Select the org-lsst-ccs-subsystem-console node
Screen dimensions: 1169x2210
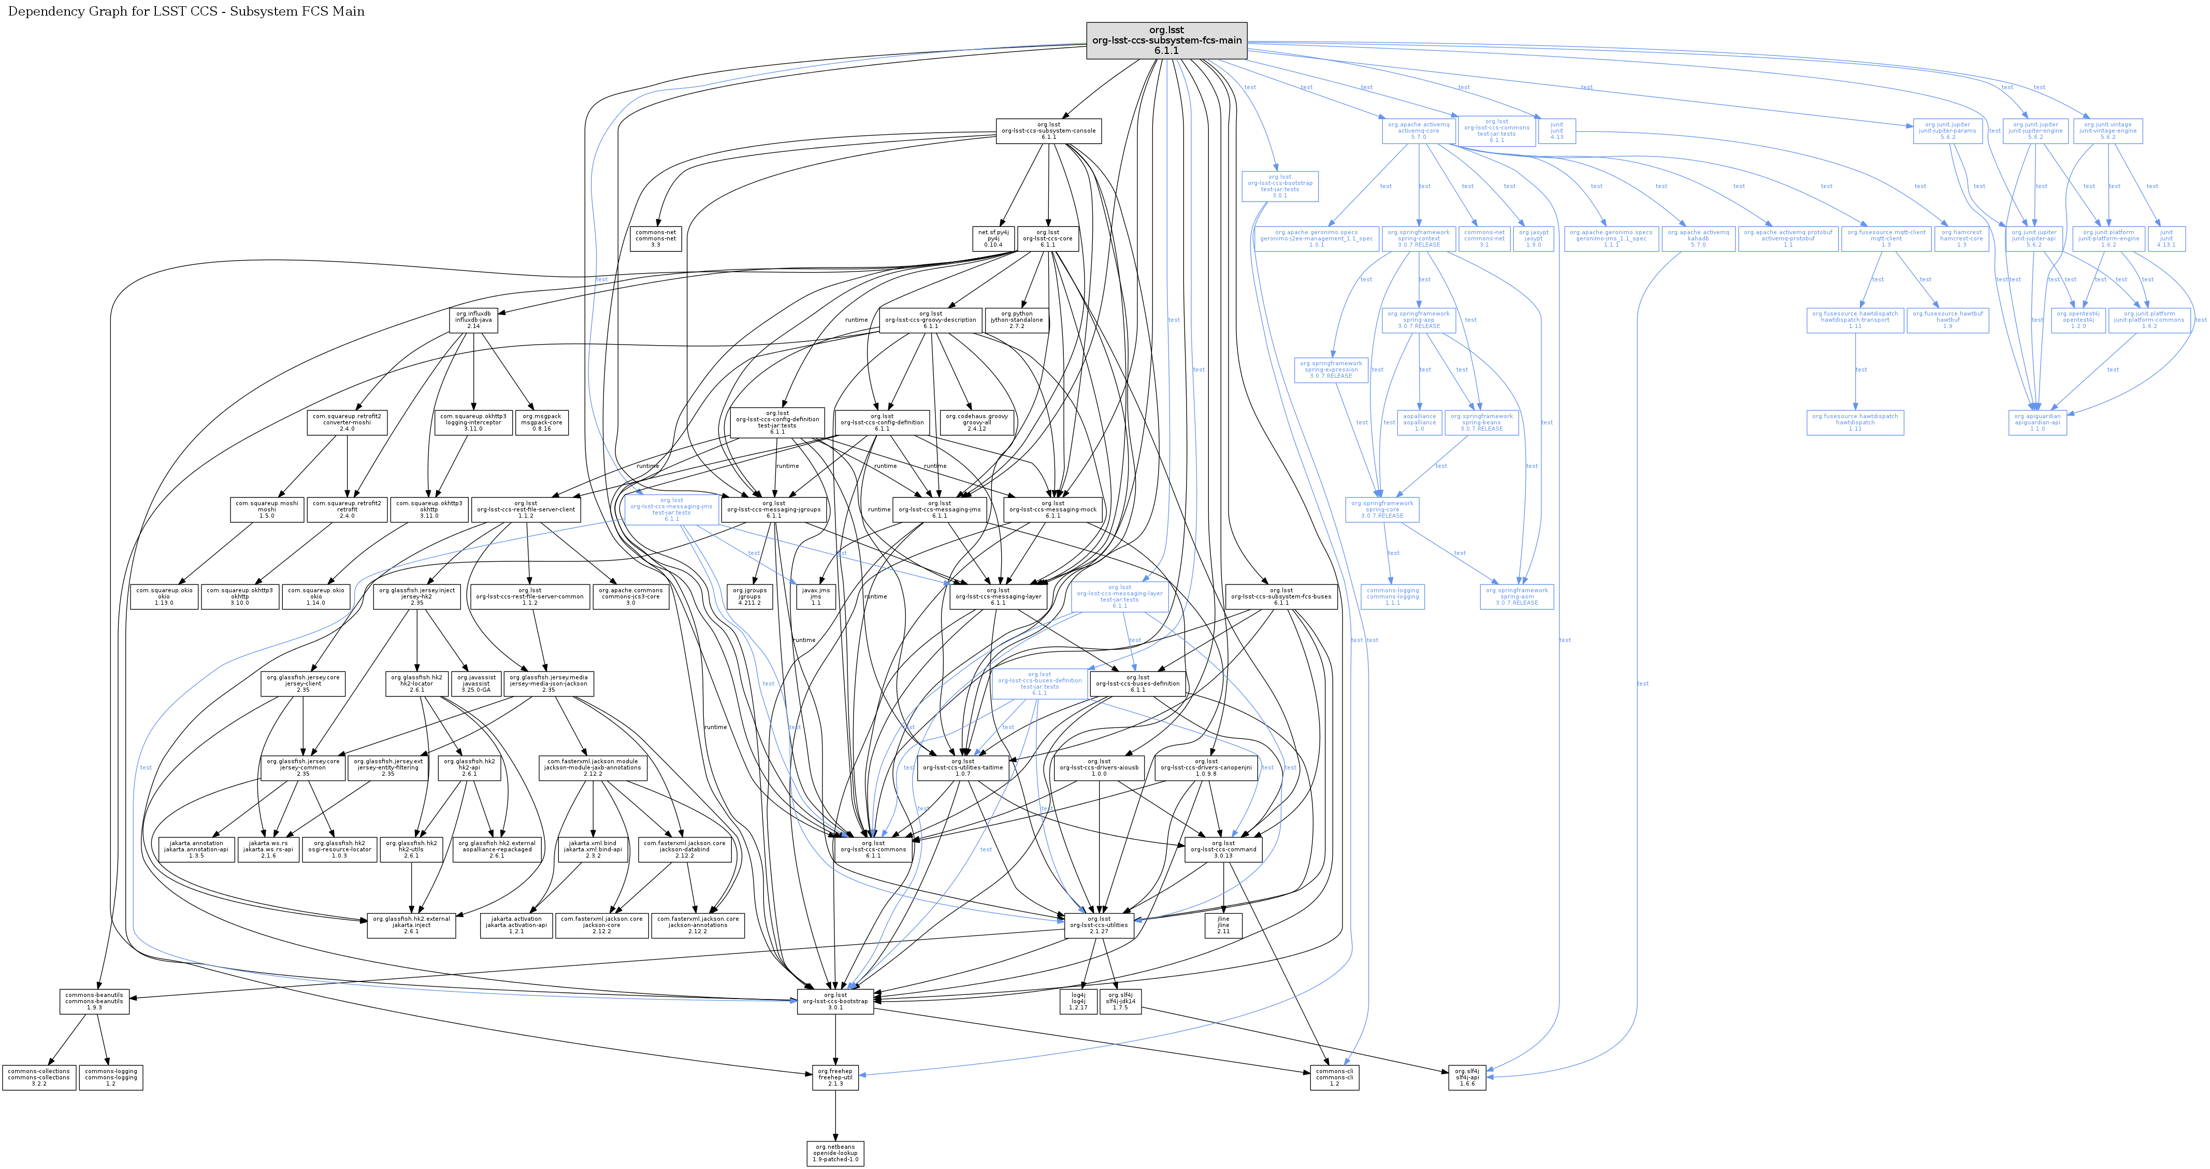[x=1048, y=131]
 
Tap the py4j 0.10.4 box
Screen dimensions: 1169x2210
[x=993, y=238]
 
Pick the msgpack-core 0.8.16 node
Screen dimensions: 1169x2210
[x=541, y=422]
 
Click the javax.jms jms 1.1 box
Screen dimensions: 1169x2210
[x=816, y=596]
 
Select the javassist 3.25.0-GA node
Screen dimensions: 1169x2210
[x=476, y=683]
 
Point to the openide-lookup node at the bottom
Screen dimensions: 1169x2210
[x=835, y=1153]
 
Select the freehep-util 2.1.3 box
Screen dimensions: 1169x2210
[x=835, y=1077]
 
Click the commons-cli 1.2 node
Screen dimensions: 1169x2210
[x=1334, y=1077]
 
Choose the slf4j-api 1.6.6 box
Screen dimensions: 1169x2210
[x=1467, y=1077]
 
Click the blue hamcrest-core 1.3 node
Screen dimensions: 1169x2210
[x=1961, y=238]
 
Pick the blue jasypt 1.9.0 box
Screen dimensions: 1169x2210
[x=1533, y=238]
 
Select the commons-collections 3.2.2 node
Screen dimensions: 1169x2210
[x=39, y=1077]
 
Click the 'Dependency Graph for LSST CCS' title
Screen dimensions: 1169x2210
[x=186, y=11]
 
